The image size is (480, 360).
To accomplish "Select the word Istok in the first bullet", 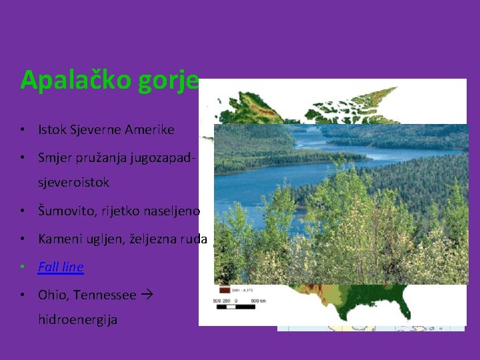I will coord(52,130).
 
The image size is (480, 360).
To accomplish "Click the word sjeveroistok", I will coord(73,182).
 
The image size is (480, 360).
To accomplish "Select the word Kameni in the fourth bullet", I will coord(58,239).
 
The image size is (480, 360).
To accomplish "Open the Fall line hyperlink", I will coord(61,267).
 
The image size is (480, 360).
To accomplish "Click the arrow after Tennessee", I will coord(148,295).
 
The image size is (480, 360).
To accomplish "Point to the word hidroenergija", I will coord(77,319).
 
